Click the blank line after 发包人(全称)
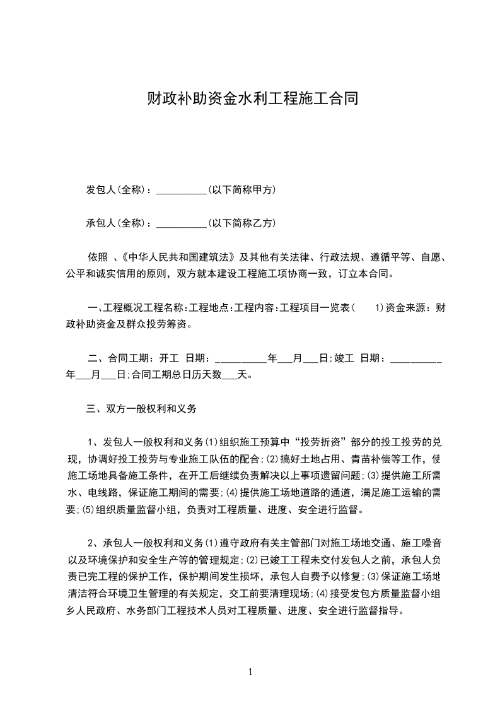tap(181, 190)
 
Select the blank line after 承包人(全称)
tap(181, 223)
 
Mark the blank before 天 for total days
tap(230, 375)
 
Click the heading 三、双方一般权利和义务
tap(141, 409)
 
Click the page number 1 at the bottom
tap(250, 672)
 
